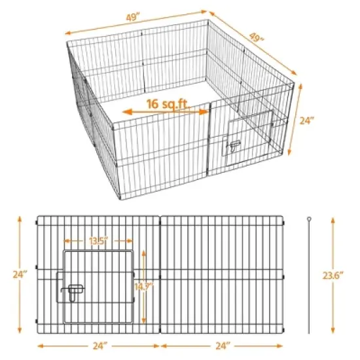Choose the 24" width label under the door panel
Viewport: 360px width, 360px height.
(x=98, y=346)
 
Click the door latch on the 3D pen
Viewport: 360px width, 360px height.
(x=233, y=147)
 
